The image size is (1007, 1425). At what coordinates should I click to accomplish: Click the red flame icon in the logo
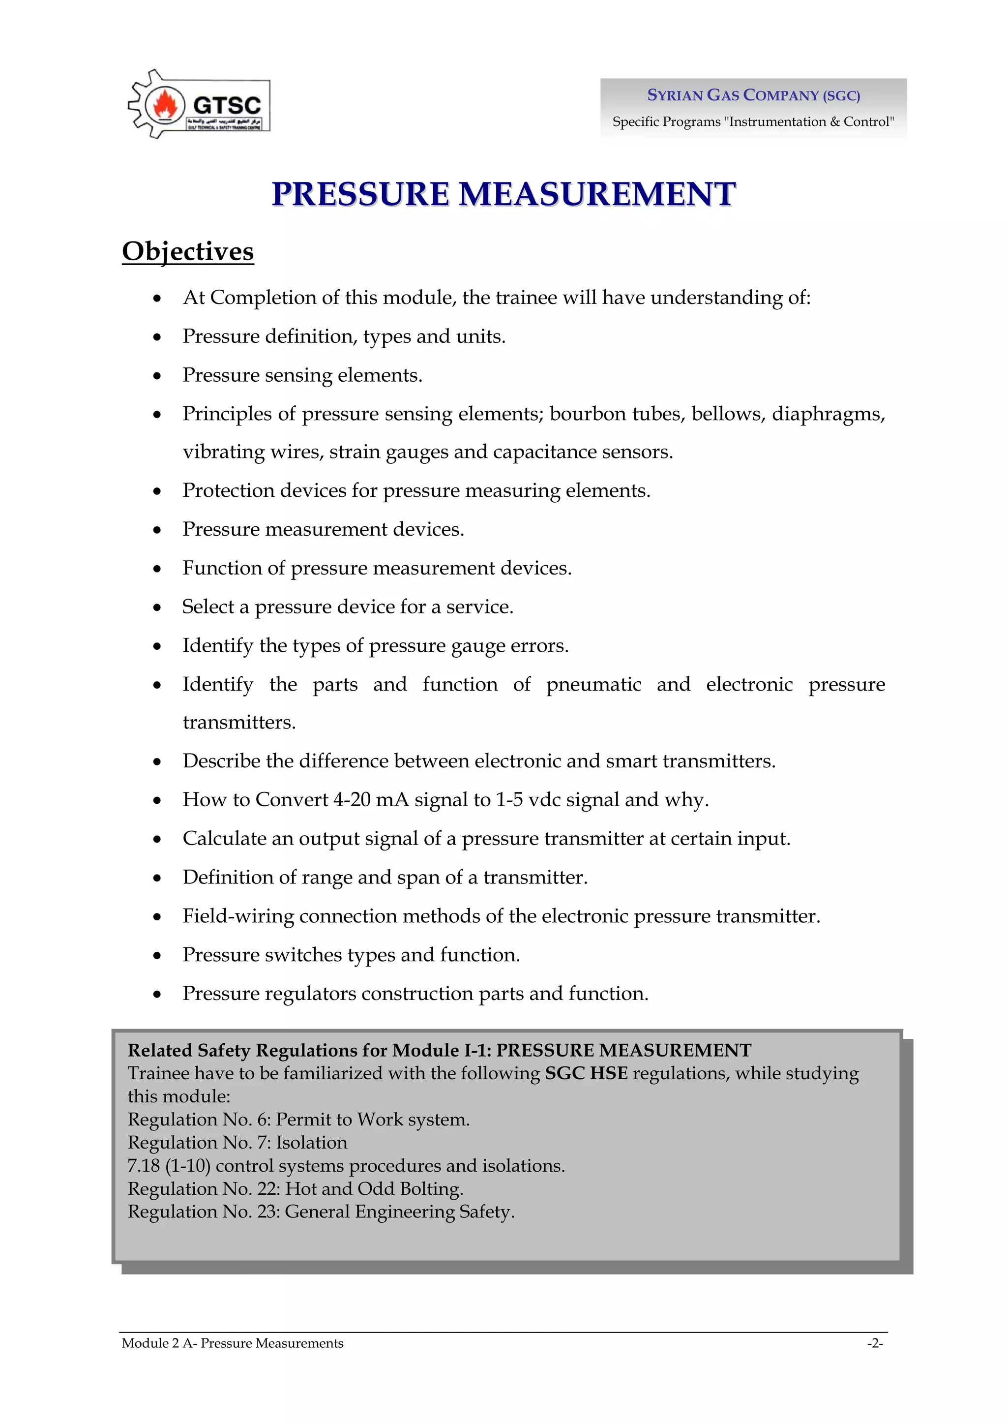pyautogui.click(x=165, y=104)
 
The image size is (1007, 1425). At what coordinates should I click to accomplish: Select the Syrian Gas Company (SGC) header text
pyautogui.click(x=753, y=95)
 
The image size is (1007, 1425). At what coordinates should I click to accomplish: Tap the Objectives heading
pyautogui.click(x=188, y=252)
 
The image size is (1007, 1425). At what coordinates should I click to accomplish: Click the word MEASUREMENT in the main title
pyautogui.click(x=597, y=194)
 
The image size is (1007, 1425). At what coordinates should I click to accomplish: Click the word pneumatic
pyautogui.click(x=593, y=685)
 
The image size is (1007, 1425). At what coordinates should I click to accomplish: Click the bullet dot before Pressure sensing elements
pyautogui.click(x=158, y=377)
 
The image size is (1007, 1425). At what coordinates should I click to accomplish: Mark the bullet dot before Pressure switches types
pyautogui.click(x=158, y=956)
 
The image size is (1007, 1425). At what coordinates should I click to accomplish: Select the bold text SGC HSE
pyautogui.click(x=586, y=1074)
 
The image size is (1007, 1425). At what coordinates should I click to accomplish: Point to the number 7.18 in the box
pyautogui.click(x=143, y=1166)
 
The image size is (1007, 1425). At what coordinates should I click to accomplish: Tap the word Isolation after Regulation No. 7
pyautogui.click(x=311, y=1143)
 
